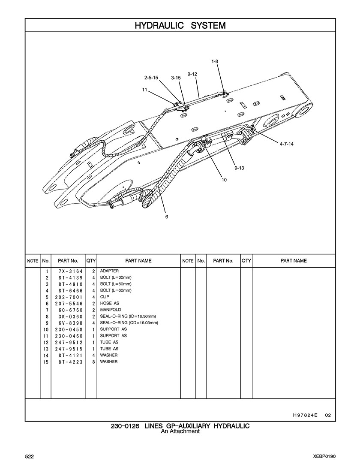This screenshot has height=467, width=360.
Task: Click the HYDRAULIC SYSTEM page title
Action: tap(180, 25)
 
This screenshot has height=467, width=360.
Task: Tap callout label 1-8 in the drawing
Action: tap(215, 61)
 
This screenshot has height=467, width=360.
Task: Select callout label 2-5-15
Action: tap(151, 78)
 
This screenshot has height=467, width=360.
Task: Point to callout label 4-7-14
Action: tap(287, 144)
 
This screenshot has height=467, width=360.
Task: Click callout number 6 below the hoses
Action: tap(167, 217)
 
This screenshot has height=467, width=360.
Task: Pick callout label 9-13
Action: tap(239, 168)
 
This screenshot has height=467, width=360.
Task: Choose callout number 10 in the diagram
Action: tap(224, 180)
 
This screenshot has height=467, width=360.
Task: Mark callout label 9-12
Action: tap(192, 74)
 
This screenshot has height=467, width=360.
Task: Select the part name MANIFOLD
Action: tap(111, 310)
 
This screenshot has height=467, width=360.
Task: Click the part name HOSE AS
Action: tap(110, 303)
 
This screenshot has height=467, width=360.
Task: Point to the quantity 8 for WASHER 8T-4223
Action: tap(93, 362)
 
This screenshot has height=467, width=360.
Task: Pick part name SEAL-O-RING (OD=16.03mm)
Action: tap(129, 322)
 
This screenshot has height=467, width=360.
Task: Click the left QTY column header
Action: tap(91, 261)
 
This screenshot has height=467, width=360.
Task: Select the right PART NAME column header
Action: tap(294, 261)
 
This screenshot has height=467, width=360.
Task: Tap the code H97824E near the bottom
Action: tap(305, 415)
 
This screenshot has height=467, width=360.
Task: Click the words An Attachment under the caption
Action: tap(180, 431)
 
